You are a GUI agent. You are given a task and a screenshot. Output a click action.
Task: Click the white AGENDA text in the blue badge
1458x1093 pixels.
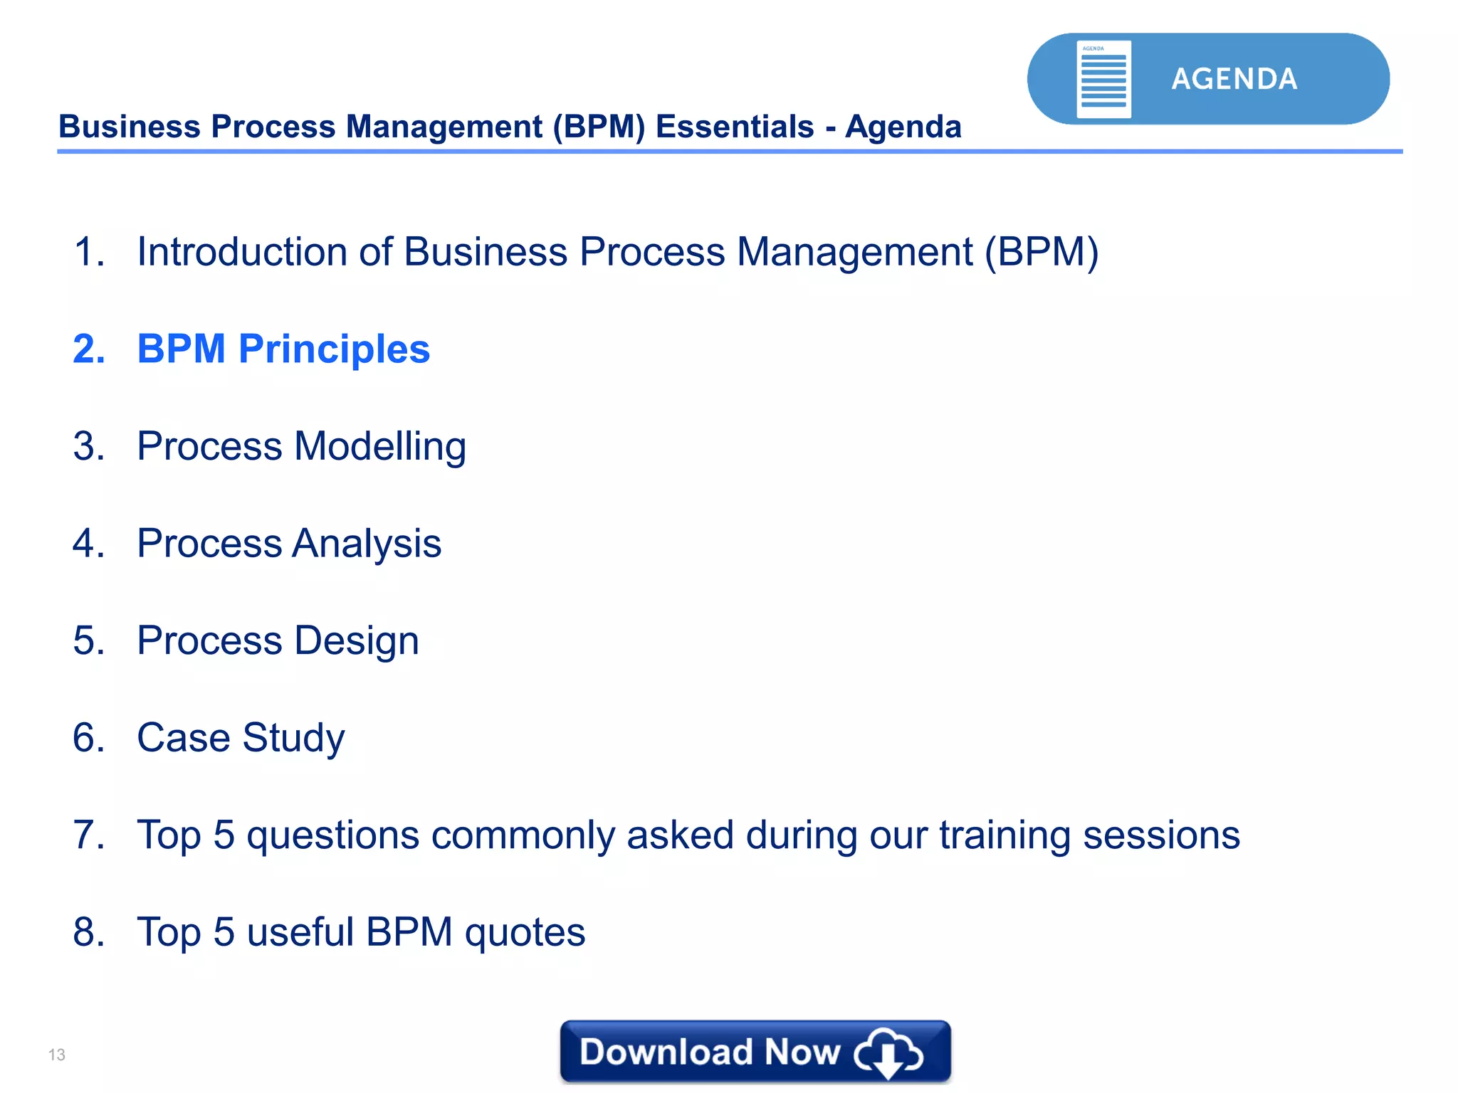[1234, 79]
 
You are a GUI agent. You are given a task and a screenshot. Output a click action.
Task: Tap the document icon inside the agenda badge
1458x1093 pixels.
[1103, 79]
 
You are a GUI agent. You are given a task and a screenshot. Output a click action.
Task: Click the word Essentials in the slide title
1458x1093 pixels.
[734, 127]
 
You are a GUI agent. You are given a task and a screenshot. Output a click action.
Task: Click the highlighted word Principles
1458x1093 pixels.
[334, 349]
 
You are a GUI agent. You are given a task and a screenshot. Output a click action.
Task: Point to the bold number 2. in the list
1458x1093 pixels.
[89, 349]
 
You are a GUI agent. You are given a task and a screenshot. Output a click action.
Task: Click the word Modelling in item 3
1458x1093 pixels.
[380, 447]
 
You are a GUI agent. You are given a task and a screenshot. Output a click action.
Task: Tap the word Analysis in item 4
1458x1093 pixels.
[367, 544]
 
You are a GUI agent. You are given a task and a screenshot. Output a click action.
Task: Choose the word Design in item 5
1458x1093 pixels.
[356, 641]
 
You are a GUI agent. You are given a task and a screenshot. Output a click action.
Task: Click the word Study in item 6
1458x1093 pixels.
[293, 738]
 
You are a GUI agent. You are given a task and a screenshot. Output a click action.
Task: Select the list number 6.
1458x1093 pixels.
[89, 738]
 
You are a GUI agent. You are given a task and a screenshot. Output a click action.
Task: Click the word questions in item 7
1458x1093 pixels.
[332, 835]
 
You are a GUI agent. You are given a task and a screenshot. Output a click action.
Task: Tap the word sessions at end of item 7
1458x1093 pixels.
[1161, 835]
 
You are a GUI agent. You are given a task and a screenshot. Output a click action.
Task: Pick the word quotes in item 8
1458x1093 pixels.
[525, 933]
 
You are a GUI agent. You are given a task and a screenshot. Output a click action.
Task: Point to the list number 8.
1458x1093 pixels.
[89, 932]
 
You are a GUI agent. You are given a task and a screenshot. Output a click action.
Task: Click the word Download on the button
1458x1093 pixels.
[666, 1052]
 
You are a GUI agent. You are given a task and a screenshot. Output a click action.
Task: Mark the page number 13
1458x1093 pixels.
[57, 1055]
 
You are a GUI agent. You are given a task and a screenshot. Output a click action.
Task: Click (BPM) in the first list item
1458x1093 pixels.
[1042, 252]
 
